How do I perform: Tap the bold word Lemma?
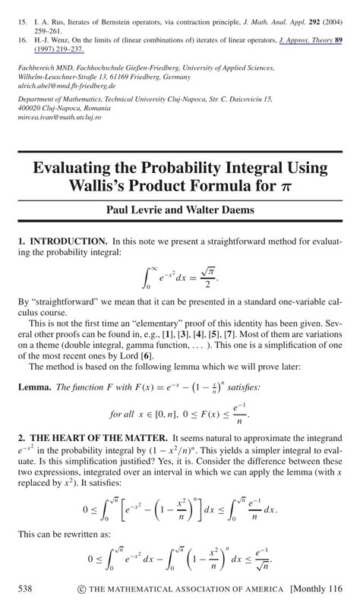pyautogui.click(x=36, y=387)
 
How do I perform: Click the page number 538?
pyautogui.click(x=26, y=589)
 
